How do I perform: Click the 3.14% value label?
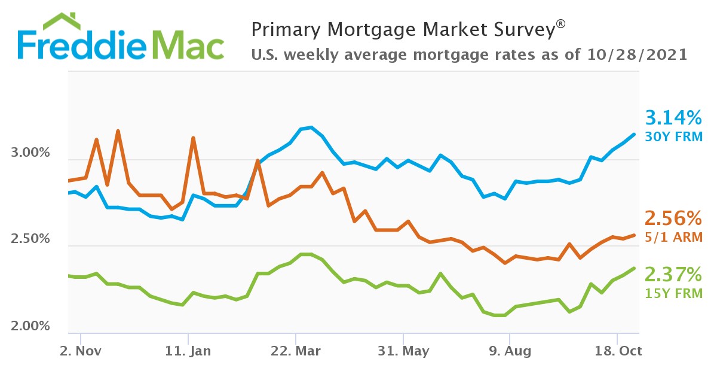coord(673,116)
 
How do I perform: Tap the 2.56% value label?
coord(673,217)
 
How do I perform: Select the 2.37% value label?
coord(673,274)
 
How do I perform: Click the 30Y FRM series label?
coord(673,136)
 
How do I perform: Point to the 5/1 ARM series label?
coord(673,238)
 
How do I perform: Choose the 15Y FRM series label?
coord(673,293)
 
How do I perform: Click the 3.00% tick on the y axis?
coord(30,153)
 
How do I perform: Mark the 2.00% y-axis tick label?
coord(30,326)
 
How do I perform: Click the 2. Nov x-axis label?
coord(81,351)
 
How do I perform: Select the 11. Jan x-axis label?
coord(188,351)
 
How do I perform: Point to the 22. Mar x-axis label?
coord(296,351)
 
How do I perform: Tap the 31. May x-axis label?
coord(403,351)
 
